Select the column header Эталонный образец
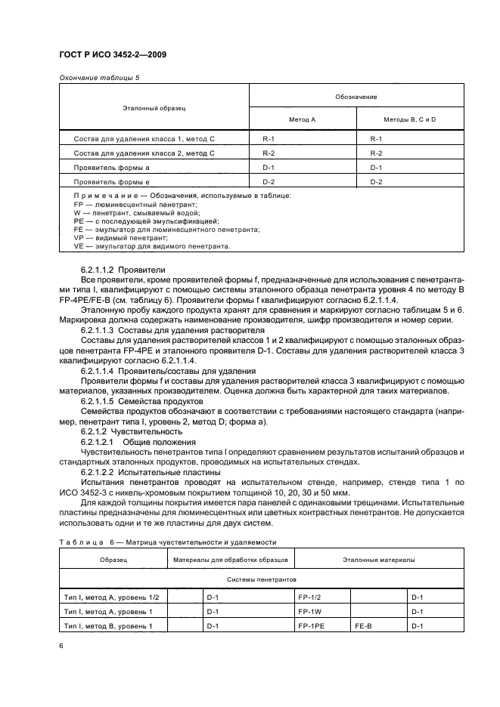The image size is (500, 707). [x=154, y=108]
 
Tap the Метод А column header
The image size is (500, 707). [x=302, y=120]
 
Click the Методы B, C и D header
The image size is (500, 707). [x=409, y=120]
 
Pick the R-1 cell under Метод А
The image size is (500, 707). [x=268, y=139]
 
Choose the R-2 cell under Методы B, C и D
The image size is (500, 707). [x=376, y=153]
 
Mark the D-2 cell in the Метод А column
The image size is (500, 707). [x=268, y=181]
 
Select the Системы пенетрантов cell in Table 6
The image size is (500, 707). [x=261, y=579]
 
